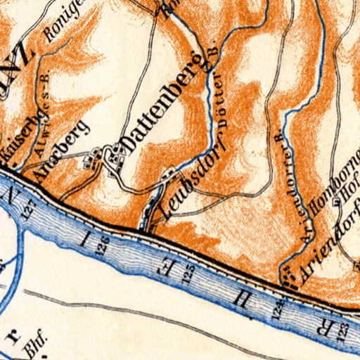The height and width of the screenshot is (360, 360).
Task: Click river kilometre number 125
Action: pos(186,274)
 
